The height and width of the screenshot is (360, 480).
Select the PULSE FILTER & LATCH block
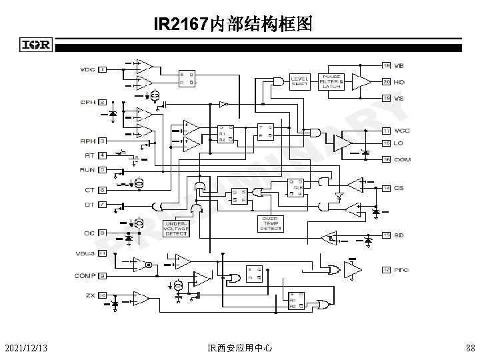(x=331, y=81)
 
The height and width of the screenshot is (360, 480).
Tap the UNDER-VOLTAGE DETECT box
(x=176, y=228)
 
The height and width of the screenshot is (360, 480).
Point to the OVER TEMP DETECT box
(x=271, y=224)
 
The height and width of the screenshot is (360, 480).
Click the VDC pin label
(x=87, y=69)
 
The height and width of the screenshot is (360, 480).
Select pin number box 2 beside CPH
(x=102, y=102)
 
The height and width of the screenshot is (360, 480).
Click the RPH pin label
(x=87, y=141)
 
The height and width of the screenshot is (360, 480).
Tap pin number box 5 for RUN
(x=102, y=169)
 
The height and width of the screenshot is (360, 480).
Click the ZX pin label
(x=89, y=294)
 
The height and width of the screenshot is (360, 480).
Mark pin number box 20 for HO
(x=386, y=81)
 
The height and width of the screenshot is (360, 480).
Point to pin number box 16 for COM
(x=386, y=159)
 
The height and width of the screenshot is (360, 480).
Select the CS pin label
(x=399, y=188)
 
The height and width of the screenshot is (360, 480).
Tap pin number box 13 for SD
(x=386, y=235)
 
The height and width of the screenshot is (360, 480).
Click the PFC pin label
(x=400, y=269)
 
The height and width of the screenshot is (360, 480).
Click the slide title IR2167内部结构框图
(x=231, y=25)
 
